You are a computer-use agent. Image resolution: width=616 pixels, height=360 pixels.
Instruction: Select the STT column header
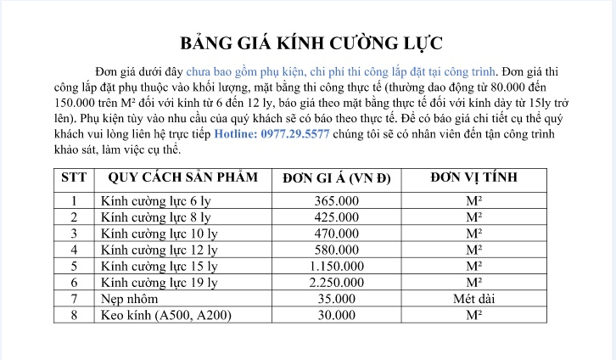coord(75,178)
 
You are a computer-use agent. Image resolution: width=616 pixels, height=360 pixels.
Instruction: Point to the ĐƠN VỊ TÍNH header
coord(474,178)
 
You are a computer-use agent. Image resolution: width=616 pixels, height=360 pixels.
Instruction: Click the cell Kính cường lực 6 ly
coord(154,201)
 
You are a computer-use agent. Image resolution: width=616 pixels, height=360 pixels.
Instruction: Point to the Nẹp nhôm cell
coord(129,299)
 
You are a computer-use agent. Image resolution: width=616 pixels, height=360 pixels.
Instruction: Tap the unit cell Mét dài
coord(474,299)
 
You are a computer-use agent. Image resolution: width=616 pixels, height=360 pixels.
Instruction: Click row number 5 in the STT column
coord(75,266)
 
